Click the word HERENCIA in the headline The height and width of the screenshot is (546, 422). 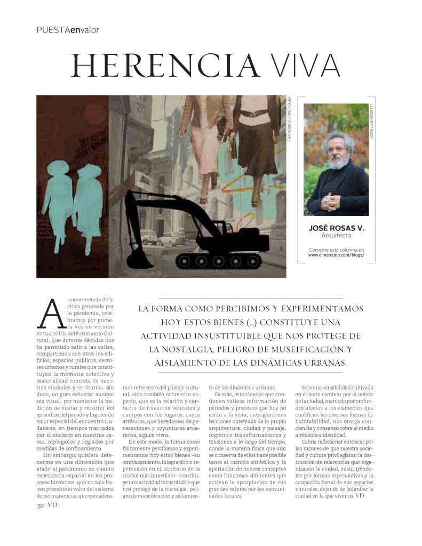[x=165, y=66]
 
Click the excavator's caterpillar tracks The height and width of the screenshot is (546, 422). [x=220, y=260]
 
